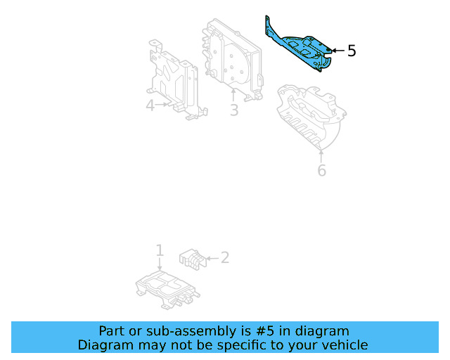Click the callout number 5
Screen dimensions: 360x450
pyautogui.click(x=352, y=51)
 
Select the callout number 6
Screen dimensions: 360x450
pyautogui.click(x=321, y=170)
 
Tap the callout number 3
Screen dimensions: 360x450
pyautogui.click(x=234, y=110)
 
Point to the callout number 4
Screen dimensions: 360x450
pyautogui.click(x=150, y=105)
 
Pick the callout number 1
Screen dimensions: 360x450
pyautogui.click(x=160, y=250)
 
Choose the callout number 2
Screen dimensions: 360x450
pyautogui.click(x=224, y=257)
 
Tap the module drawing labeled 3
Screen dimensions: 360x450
pyautogui.click(x=232, y=56)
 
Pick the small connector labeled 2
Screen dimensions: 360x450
pyautogui.click(x=192, y=258)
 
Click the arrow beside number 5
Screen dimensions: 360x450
pyautogui.click(x=337, y=51)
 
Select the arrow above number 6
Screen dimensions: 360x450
pyautogui.click(x=321, y=155)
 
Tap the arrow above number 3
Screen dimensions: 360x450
pyautogui.click(x=234, y=96)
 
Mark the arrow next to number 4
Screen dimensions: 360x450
pyautogui.click(x=163, y=105)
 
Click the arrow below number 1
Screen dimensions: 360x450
pyautogui.click(x=160, y=264)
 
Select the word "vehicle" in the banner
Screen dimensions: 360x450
pyautogui.click(x=344, y=345)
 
